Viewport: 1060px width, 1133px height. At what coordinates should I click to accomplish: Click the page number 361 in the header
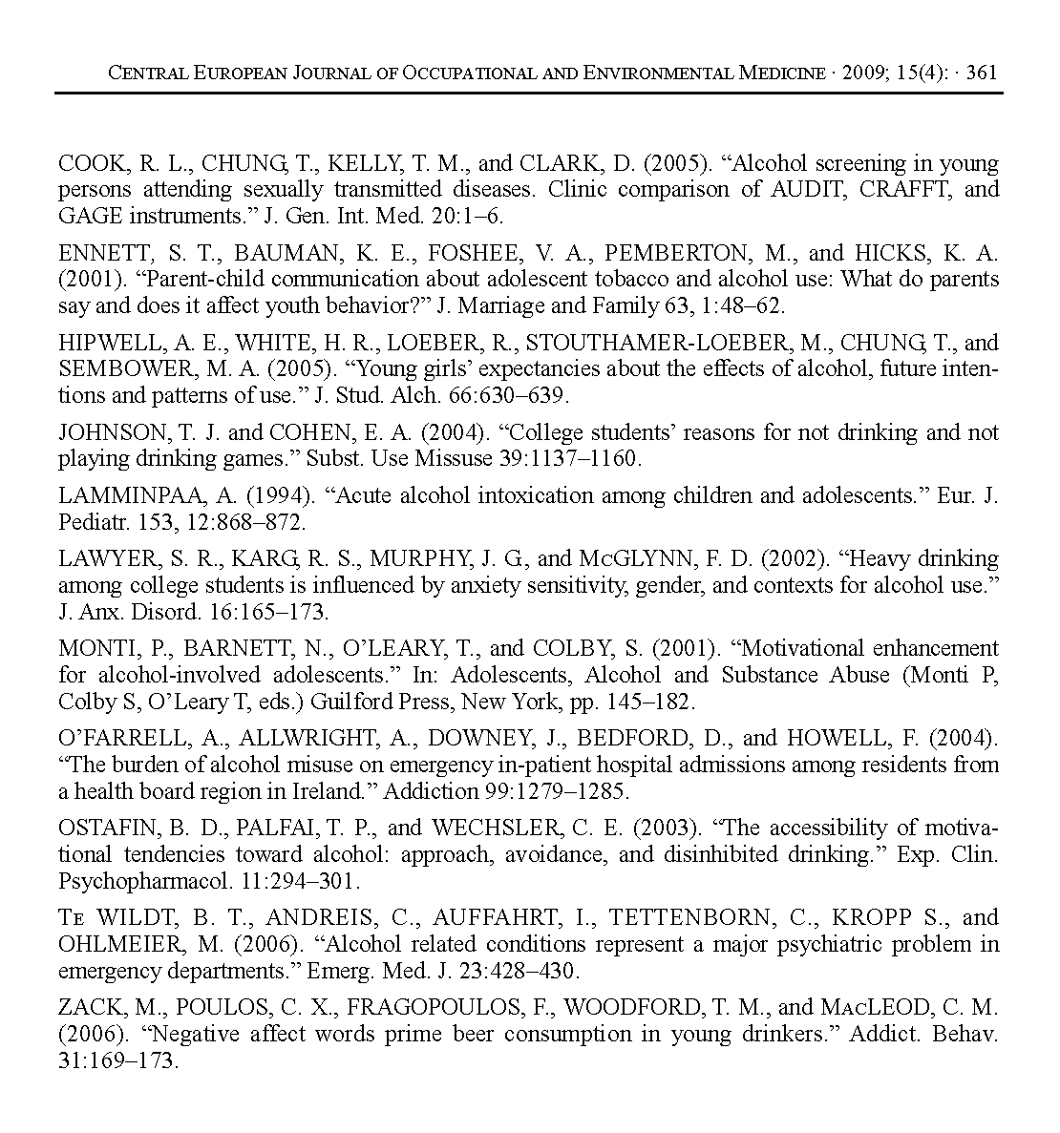982,73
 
